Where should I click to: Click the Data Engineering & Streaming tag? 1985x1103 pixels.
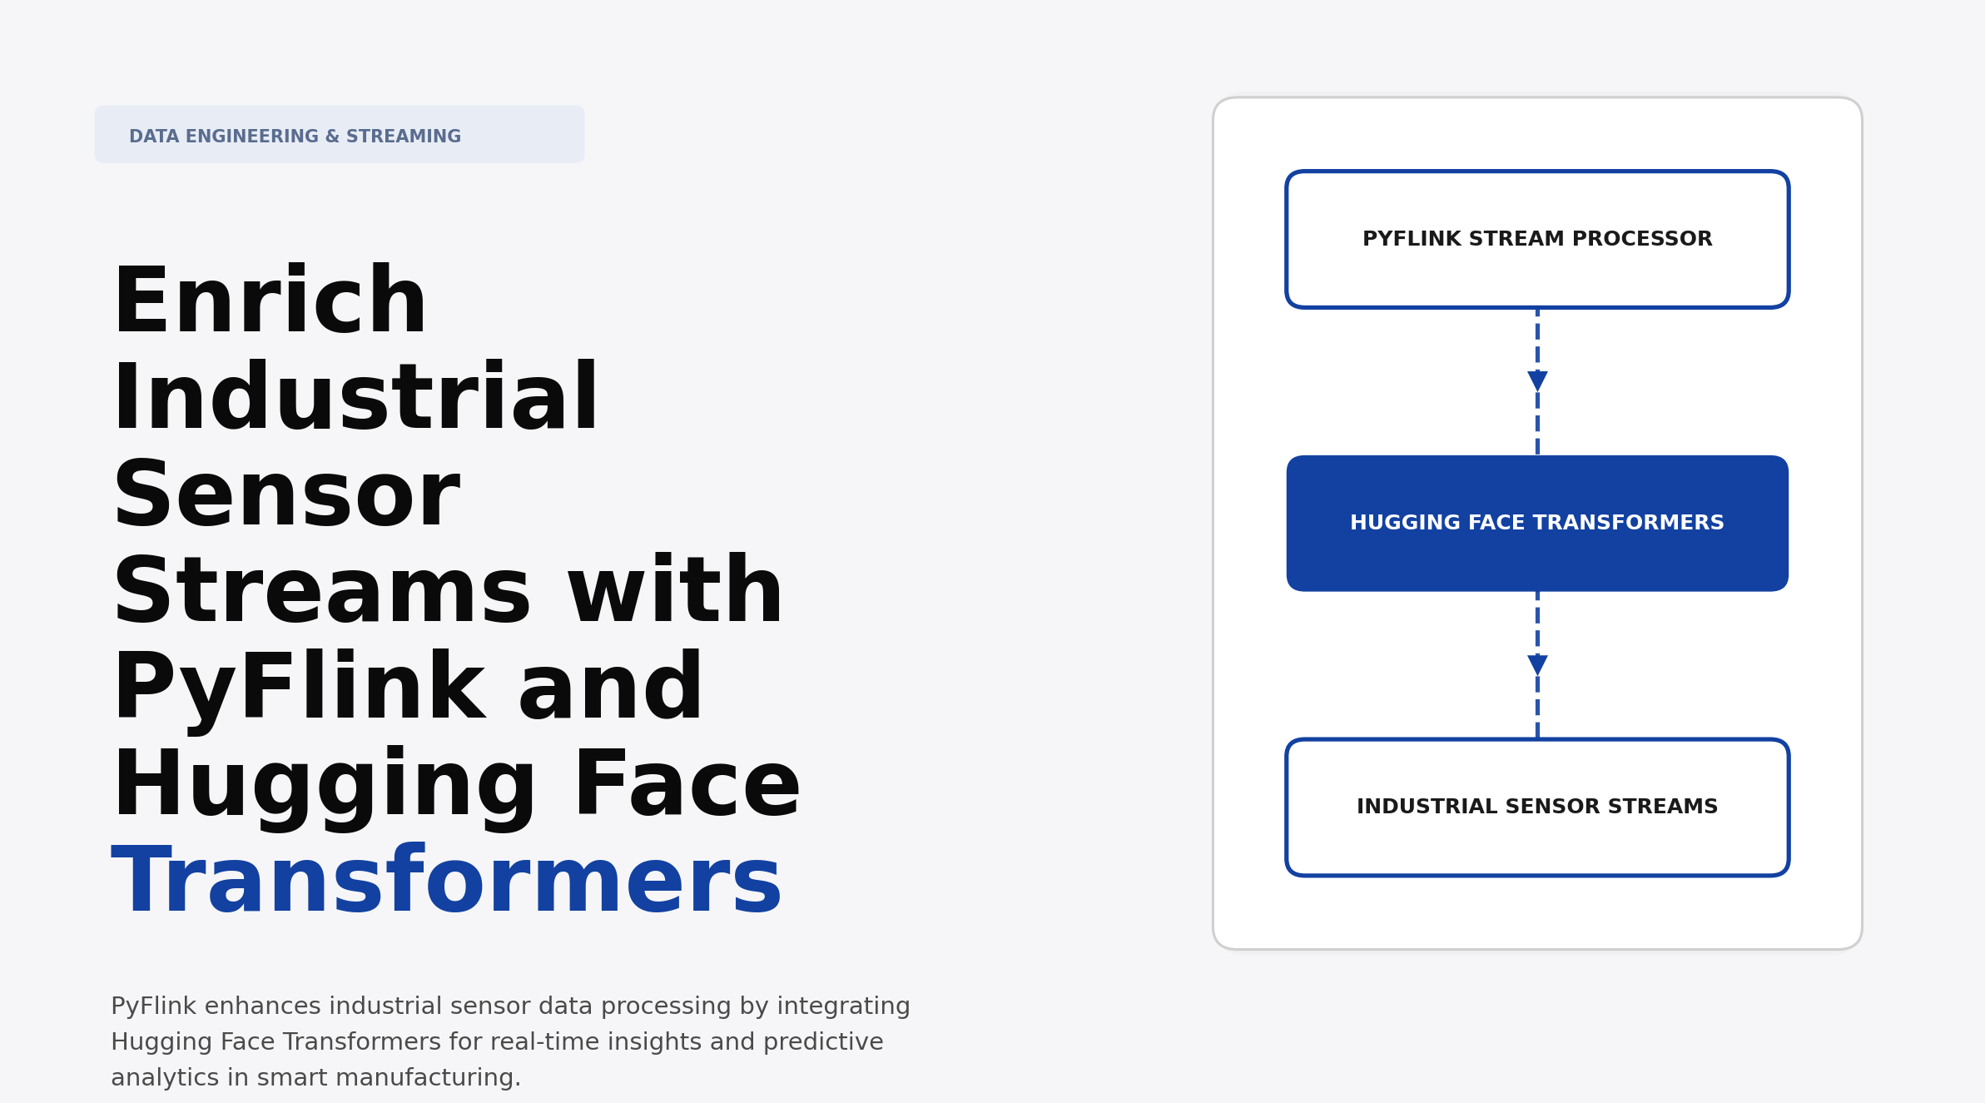(x=339, y=135)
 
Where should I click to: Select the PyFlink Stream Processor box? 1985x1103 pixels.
(x=1536, y=240)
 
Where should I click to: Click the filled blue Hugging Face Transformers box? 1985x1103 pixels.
(x=1536, y=524)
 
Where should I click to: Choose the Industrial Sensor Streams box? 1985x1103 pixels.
(x=1536, y=807)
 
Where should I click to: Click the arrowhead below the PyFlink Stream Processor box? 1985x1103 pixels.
(x=1537, y=380)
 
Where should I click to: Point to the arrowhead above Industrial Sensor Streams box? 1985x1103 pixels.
(x=1537, y=664)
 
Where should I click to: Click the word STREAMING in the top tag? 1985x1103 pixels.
(x=403, y=137)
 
